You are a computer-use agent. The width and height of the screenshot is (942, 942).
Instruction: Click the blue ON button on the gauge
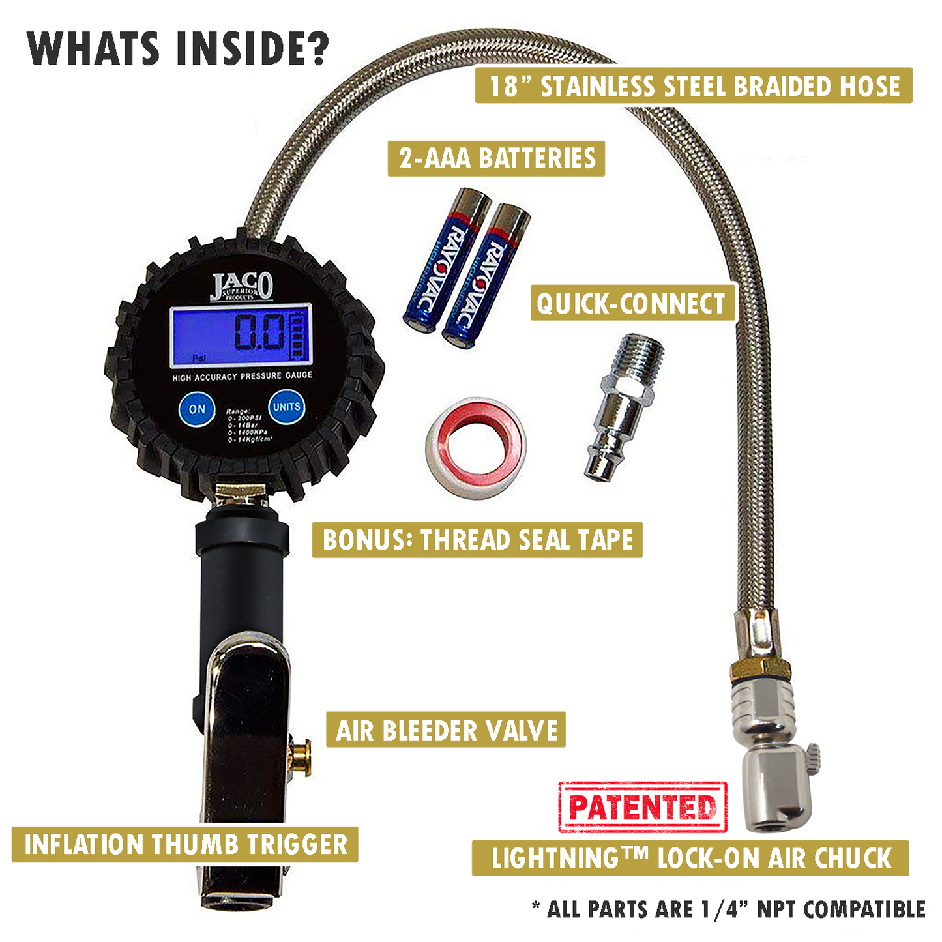(x=197, y=409)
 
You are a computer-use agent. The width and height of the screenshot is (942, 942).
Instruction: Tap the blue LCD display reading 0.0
(x=241, y=335)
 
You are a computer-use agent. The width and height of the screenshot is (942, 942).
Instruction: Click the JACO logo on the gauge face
(x=241, y=286)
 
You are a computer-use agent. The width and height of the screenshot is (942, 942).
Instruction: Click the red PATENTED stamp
(x=643, y=807)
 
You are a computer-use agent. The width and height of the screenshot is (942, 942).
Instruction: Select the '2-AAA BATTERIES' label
(x=496, y=158)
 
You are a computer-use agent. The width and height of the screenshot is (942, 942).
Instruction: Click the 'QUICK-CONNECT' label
(x=632, y=303)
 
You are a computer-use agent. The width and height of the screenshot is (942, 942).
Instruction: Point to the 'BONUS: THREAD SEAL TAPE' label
(x=477, y=540)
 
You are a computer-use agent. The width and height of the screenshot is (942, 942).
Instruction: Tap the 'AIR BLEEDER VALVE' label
(x=446, y=730)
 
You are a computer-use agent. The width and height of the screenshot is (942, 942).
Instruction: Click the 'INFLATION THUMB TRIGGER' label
(x=185, y=844)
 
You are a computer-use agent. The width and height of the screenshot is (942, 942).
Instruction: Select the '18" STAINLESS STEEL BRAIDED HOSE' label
(x=693, y=86)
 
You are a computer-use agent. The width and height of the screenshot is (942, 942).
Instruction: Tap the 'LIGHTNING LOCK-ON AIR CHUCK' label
(x=690, y=858)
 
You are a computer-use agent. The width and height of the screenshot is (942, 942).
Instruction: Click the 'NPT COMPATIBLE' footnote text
(x=840, y=909)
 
